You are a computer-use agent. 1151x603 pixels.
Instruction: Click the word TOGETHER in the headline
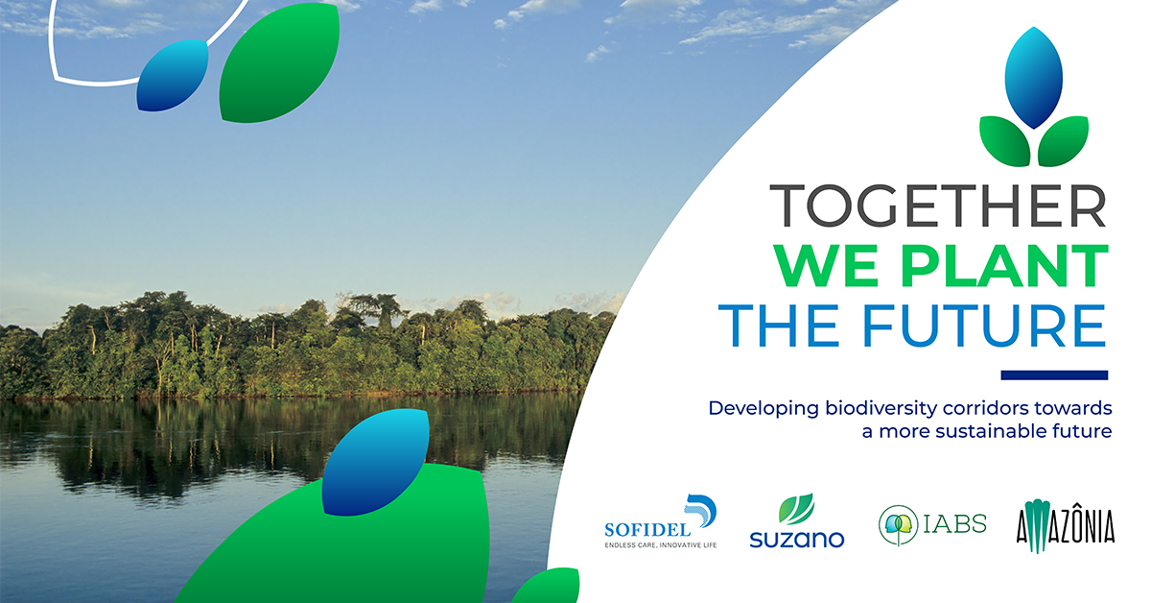coord(938,205)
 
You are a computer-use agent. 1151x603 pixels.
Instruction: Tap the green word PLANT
coord(1004,265)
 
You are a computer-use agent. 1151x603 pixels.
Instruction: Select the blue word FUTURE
coord(984,326)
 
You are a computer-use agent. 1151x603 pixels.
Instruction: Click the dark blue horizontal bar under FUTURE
coord(1054,375)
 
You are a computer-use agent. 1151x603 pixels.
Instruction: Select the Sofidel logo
coord(661,521)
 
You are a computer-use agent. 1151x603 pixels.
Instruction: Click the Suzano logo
coord(796,520)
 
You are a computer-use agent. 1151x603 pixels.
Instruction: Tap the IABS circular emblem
coord(898,525)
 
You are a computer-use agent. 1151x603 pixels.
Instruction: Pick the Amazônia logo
coord(1066,526)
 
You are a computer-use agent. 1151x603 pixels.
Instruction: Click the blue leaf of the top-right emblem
coord(1034,77)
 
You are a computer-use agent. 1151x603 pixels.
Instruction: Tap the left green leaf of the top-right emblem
coord(1005,141)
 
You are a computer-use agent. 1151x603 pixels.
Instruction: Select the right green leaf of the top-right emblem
coord(1063,141)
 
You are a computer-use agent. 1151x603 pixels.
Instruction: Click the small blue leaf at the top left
coord(173,75)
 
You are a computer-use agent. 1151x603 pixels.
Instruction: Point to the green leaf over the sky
coord(279,62)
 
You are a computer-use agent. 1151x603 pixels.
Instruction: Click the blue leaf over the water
coord(375,462)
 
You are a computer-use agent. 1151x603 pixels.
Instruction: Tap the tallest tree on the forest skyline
coord(383,310)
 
